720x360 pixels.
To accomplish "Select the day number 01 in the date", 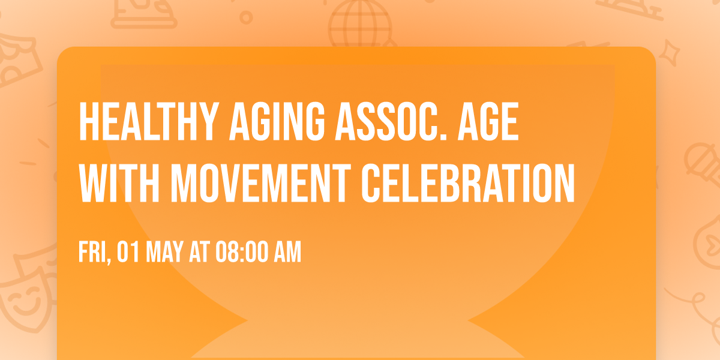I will click(127, 253).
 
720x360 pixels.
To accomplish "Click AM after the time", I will click(287, 253).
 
